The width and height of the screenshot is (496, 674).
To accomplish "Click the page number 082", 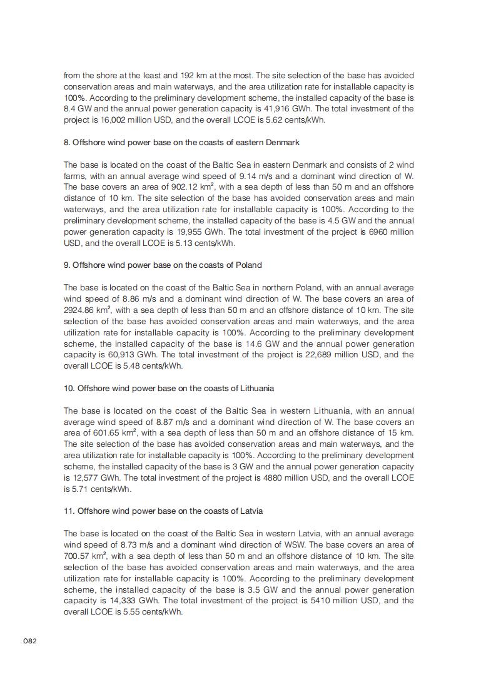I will (x=30, y=641).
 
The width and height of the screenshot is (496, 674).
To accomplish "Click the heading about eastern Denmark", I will (x=181, y=143).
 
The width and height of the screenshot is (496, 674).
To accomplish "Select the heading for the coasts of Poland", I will (x=163, y=265).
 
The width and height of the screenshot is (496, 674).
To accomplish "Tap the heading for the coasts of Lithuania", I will (x=169, y=389).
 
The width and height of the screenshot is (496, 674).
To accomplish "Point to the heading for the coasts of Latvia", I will (x=163, y=511).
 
